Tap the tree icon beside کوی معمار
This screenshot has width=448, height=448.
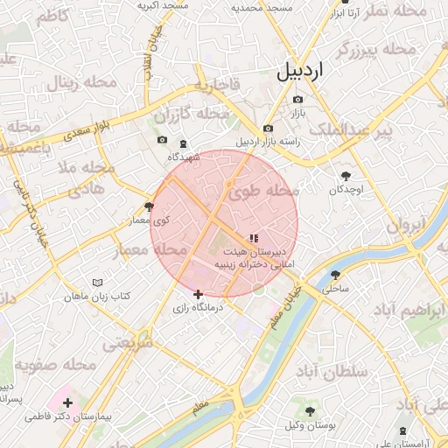coord(149,206)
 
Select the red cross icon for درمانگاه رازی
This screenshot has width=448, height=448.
coord(199,294)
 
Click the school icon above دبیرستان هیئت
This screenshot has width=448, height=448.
coord(254,237)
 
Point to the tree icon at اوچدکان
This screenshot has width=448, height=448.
coord(346,176)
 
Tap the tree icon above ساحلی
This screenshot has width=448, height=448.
coord(335,275)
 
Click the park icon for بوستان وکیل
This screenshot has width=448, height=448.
coord(310,410)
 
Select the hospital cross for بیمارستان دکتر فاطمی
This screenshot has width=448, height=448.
coord(67,402)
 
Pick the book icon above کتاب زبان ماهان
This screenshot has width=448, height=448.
coord(97,283)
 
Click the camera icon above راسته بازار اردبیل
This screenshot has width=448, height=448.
coord(268,129)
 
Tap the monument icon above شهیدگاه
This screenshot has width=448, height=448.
coord(183,143)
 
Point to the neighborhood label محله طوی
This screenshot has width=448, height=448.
coord(267,190)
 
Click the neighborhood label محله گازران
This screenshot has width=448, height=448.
coord(191,115)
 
